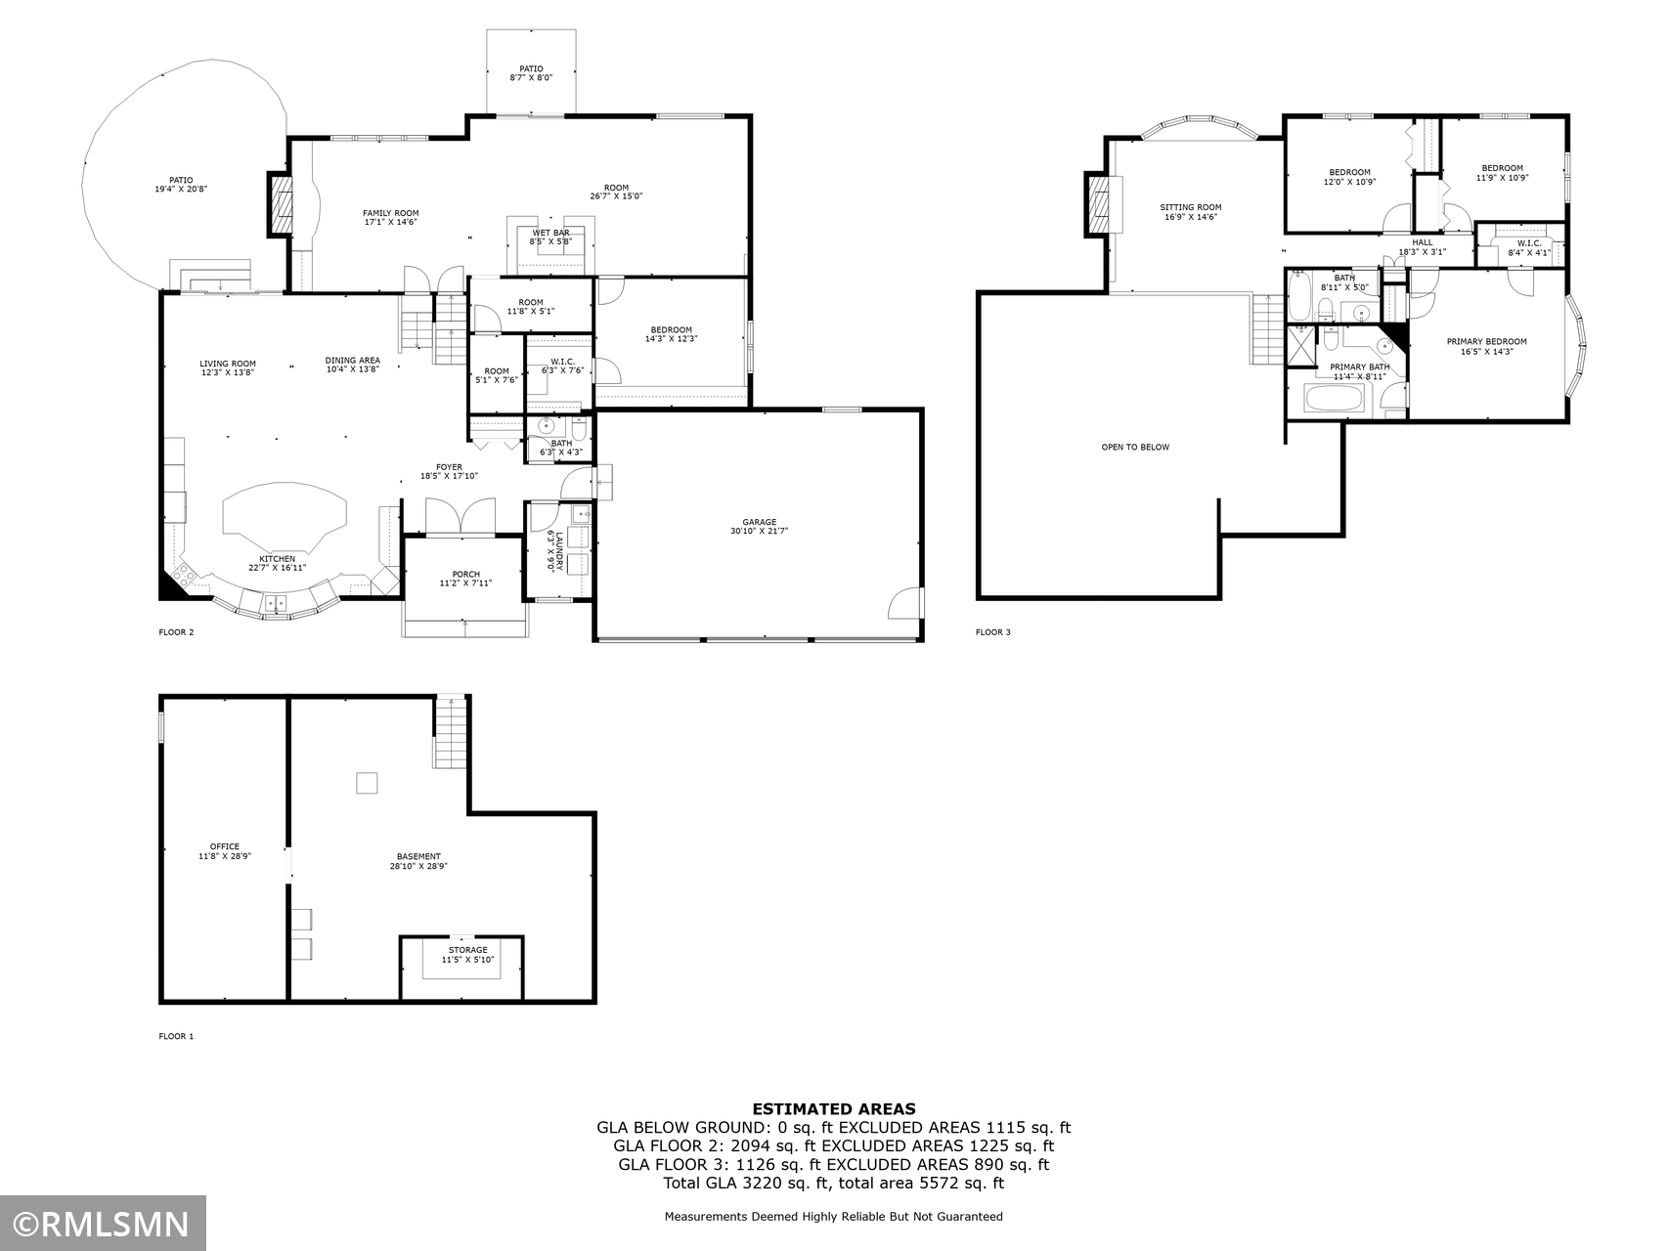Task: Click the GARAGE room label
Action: [x=759, y=522]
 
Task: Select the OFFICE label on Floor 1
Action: [x=224, y=846]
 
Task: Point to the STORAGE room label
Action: [x=467, y=950]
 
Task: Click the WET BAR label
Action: [x=550, y=233]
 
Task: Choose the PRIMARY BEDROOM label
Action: [x=1486, y=342]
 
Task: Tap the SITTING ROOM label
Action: [x=1190, y=207]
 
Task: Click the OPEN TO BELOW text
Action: [x=1134, y=448]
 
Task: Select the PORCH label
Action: [x=465, y=574]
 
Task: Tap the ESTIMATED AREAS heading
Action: [x=833, y=1108]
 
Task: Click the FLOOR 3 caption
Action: [x=992, y=632]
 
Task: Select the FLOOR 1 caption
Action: [x=176, y=1036]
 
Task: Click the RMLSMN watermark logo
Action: [x=103, y=1224]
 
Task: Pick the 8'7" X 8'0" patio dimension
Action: [x=531, y=77]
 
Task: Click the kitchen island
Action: [x=285, y=513]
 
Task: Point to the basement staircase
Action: [x=450, y=732]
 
